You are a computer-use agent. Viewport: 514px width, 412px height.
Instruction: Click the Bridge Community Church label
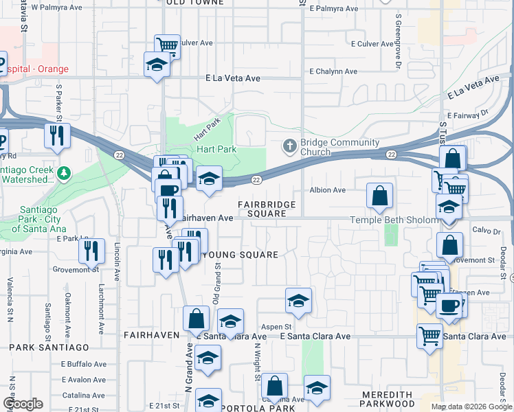click(339, 147)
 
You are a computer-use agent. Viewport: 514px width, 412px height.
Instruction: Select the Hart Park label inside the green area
click(216, 149)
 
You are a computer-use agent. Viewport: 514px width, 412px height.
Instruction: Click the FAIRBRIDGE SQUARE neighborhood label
click(267, 209)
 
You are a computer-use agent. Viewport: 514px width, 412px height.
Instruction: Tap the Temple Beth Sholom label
click(394, 220)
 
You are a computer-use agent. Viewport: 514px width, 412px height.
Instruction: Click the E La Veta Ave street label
click(232, 79)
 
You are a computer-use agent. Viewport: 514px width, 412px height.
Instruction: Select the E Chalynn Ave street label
click(333, 71)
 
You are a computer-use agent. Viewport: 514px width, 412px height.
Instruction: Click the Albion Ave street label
click(327, 190)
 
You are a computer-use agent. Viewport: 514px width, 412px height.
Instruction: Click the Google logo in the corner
click(22, 404)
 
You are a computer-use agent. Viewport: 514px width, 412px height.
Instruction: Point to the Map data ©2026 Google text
click(471, 407)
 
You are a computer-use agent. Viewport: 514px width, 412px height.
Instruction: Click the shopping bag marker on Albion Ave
click(379, 196)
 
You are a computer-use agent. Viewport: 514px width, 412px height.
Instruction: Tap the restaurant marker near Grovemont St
click(91, 251)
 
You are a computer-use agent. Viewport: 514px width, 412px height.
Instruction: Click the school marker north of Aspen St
click(298, 301)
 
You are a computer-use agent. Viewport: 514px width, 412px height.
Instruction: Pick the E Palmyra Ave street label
click(333, 9)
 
